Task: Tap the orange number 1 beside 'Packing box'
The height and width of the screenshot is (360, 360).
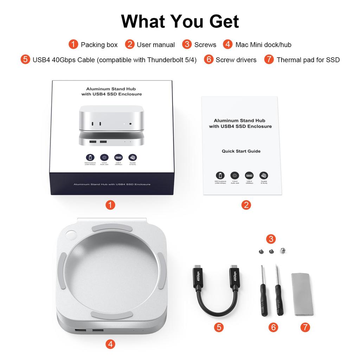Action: click(x=73, y=44)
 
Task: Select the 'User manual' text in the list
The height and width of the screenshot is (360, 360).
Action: click(x=156, y=45)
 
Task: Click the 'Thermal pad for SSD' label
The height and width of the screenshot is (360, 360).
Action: click(x=308, y=60)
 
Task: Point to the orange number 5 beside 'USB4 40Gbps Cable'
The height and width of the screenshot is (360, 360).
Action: click(x=25, y=59)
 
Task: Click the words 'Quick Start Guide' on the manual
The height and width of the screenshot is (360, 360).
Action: click(x=241, y=151)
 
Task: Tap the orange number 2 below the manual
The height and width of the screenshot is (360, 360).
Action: click(x=246, y=205)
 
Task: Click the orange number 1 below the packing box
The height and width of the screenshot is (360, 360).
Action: click(x=110, y=205)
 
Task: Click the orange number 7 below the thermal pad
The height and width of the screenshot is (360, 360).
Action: click(x=305, y=327)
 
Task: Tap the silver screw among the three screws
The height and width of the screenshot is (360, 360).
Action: click(x=282, y=251)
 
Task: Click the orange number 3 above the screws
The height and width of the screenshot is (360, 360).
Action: click(x=270, y=239)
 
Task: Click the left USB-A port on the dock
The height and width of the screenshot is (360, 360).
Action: click(x=80, y=331)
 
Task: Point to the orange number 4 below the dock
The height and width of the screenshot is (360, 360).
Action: click(x=110, y=344)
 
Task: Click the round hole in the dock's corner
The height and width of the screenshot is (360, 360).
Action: click(x=71, y=234)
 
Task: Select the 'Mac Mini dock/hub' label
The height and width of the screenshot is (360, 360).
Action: click(x=263, y=45)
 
